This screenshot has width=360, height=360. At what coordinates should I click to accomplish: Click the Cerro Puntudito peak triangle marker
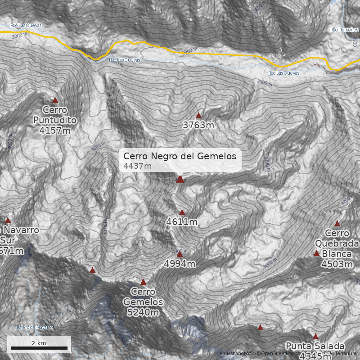[x=55, y=100]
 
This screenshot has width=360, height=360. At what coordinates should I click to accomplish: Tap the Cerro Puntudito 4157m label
[x=55, y=120]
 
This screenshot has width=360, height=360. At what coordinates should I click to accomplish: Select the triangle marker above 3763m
[x=198, y=116]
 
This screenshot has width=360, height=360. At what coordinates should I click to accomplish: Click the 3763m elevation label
[x=198, y=125]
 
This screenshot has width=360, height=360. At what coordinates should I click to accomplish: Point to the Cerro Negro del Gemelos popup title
[x=180, y=156]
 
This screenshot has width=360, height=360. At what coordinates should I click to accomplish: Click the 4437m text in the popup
[x=137, y=166]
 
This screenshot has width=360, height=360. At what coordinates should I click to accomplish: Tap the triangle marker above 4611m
[x=182, y=212]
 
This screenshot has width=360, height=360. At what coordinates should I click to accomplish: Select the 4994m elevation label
[x=180, y=264]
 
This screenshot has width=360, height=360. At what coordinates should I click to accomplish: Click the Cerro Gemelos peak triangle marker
[x=143, y=282]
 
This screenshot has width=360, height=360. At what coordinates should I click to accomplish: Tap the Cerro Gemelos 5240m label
[x=143, y=302]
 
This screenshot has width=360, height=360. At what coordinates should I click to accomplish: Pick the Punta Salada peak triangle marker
[x=315, y=336]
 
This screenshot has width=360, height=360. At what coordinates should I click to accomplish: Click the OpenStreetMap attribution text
[x=279, y=353]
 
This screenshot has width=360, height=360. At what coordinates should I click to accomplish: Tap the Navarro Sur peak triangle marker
[x=8, y=220]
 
